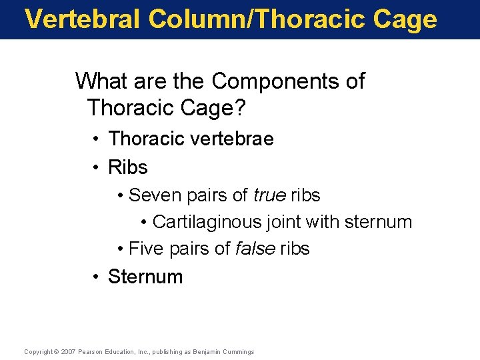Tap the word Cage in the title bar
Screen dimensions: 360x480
(407, 19)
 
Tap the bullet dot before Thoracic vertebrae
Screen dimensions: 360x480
(97, 139)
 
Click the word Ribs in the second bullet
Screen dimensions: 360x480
(127, 167)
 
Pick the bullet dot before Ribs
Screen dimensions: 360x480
(97, 167)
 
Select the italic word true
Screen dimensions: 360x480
(269, 195)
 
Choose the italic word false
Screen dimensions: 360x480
(256, 249)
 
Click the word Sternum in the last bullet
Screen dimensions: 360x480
(145, 277)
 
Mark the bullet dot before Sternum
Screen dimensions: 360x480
(97, 277)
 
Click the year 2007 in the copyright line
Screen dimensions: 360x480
(69, 352)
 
